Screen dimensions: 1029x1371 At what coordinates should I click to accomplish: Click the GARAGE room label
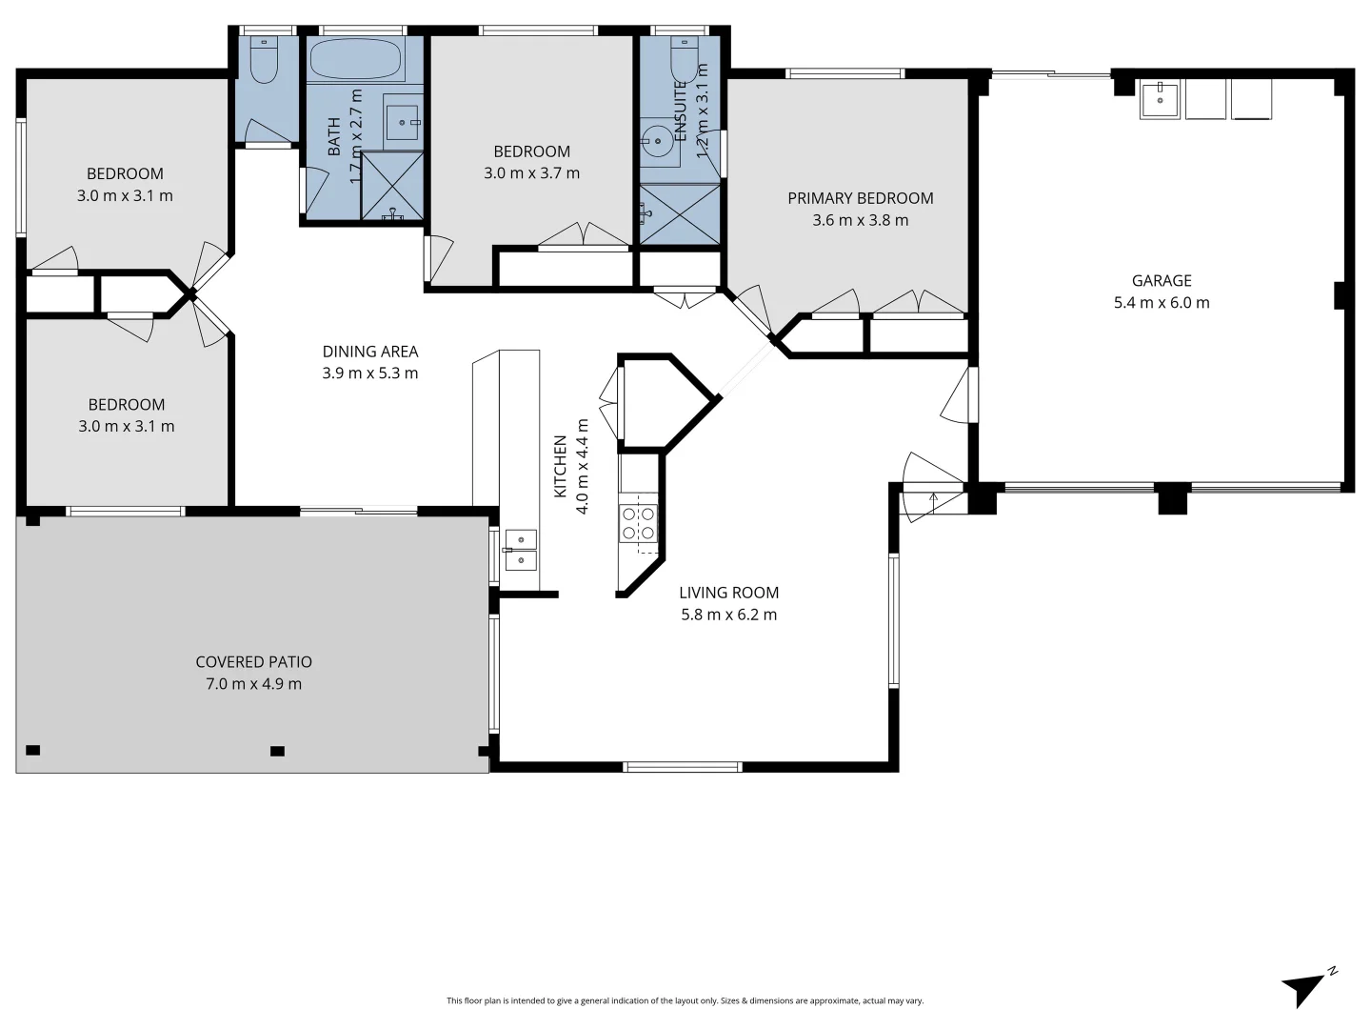point(1161,280)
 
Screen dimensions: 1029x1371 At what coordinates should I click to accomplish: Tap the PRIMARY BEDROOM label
point(860,198)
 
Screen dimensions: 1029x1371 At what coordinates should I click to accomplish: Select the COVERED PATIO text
point(253,661)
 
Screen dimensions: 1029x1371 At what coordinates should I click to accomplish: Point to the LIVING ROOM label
point(728,593)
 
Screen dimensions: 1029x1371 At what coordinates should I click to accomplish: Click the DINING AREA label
point(369,352)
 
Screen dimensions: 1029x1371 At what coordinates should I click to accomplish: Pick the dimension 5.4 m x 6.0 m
point(1161,303)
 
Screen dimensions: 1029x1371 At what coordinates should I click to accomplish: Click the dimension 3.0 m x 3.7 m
point(531,173)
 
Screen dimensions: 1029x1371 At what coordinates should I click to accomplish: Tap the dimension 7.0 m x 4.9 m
point(253,684)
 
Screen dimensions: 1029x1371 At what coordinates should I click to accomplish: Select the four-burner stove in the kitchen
point(639,523)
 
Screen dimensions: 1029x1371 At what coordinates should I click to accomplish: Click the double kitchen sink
point(521,550)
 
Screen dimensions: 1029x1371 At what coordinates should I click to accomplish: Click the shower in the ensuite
point(679,214)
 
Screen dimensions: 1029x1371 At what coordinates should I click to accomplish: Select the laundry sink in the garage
point(1160,99)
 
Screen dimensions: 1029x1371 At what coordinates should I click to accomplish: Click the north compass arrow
point(1305,987)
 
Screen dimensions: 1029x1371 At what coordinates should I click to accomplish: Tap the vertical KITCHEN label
point(561,467)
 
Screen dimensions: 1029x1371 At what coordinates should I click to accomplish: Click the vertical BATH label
point(334,136)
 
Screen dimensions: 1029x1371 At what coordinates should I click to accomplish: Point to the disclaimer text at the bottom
point(685,1000)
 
